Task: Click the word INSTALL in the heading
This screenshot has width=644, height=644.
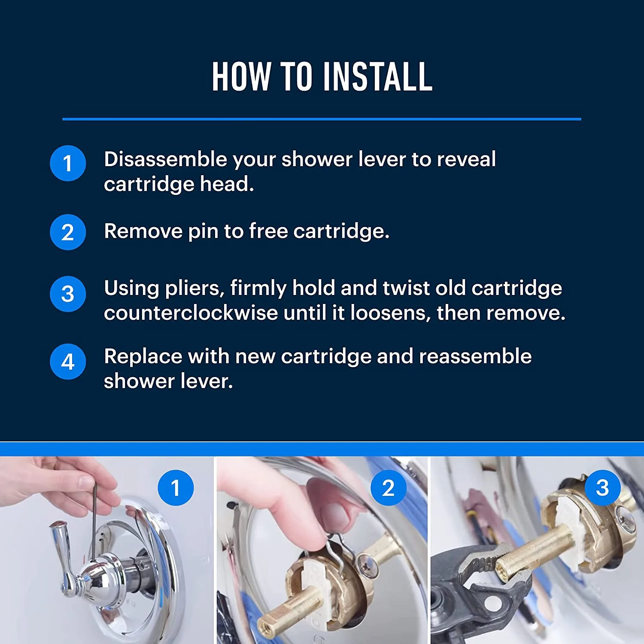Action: tap(377, 77)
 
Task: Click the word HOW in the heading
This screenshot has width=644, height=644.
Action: tap(241, 77)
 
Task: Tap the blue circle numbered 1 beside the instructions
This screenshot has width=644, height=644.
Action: tap(68, 164)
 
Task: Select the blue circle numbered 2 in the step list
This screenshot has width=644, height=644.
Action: tap(68, 232)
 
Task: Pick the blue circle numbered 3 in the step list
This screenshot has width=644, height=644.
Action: tap(68, 294)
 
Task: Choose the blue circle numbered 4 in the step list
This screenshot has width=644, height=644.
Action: tap(68, 362)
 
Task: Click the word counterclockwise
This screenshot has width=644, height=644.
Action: tap(191, 313)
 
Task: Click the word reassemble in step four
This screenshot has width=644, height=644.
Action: tap(475, 356)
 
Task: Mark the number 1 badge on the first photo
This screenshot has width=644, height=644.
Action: tap(176, 488)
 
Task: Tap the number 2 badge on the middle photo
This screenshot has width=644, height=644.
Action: tap(389, 488)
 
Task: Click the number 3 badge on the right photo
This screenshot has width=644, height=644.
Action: tap(602, 488)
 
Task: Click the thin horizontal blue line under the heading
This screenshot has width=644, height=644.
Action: tap(322, 119)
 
